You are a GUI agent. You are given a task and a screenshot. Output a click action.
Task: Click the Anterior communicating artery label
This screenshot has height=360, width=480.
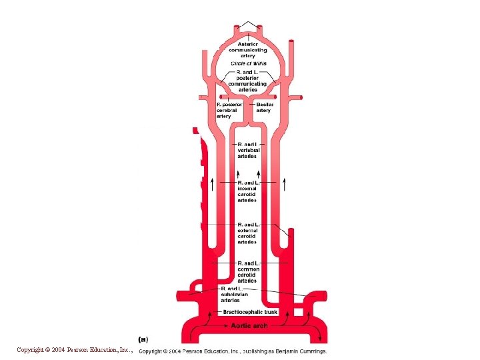click(247, 50)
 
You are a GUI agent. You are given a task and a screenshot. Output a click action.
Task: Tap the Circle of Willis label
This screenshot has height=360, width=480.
click(247, 64)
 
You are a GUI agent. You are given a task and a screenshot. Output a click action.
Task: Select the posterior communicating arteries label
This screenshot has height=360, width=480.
click(247, 81)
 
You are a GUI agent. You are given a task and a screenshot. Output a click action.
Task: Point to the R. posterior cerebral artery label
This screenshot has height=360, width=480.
click(228, 110)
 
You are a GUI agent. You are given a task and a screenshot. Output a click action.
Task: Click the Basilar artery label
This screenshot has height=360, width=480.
click(264, 107)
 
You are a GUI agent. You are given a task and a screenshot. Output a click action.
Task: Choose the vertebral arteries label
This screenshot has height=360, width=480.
click(247, 150)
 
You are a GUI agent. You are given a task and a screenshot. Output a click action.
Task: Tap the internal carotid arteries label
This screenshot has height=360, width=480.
click(247, 191)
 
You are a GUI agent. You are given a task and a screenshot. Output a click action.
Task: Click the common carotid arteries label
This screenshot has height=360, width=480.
click(247, 272)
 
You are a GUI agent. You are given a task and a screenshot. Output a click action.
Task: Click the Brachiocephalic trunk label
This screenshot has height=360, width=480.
click(250, 311)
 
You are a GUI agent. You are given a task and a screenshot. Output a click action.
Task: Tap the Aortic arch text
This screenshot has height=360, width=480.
click(250, 325)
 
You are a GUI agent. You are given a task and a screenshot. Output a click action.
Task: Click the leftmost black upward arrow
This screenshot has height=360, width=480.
click(213, 184)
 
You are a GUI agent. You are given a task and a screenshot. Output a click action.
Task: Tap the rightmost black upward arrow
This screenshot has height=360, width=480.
click(285, 184)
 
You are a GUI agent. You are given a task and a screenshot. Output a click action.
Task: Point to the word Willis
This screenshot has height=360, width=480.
click(257, 64)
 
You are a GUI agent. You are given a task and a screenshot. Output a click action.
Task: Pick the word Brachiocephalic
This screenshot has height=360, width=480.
click(242, 311)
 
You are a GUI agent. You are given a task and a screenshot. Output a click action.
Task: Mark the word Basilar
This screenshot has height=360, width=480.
click(264, 104)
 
